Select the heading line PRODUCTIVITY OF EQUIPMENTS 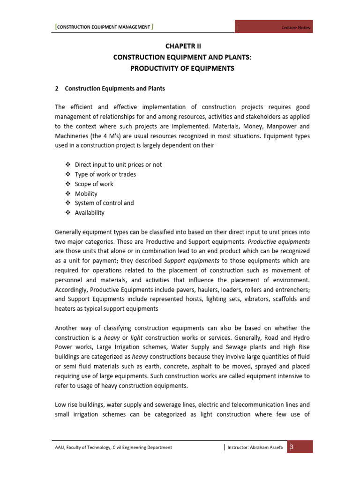pyautogui.click(x=182, y=68)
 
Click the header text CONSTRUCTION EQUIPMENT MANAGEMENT pyautogui.click(x=104, y=27)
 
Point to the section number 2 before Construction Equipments pyautogui.click(x=57, y=89)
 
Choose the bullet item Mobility pyautogui.click(x=86, y=194)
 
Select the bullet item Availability pyautogui.click(x=90, y=213)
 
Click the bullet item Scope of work pyautogui.click(x=94, y=184)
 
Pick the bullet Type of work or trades pyautogui.click(x=105, y=174)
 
